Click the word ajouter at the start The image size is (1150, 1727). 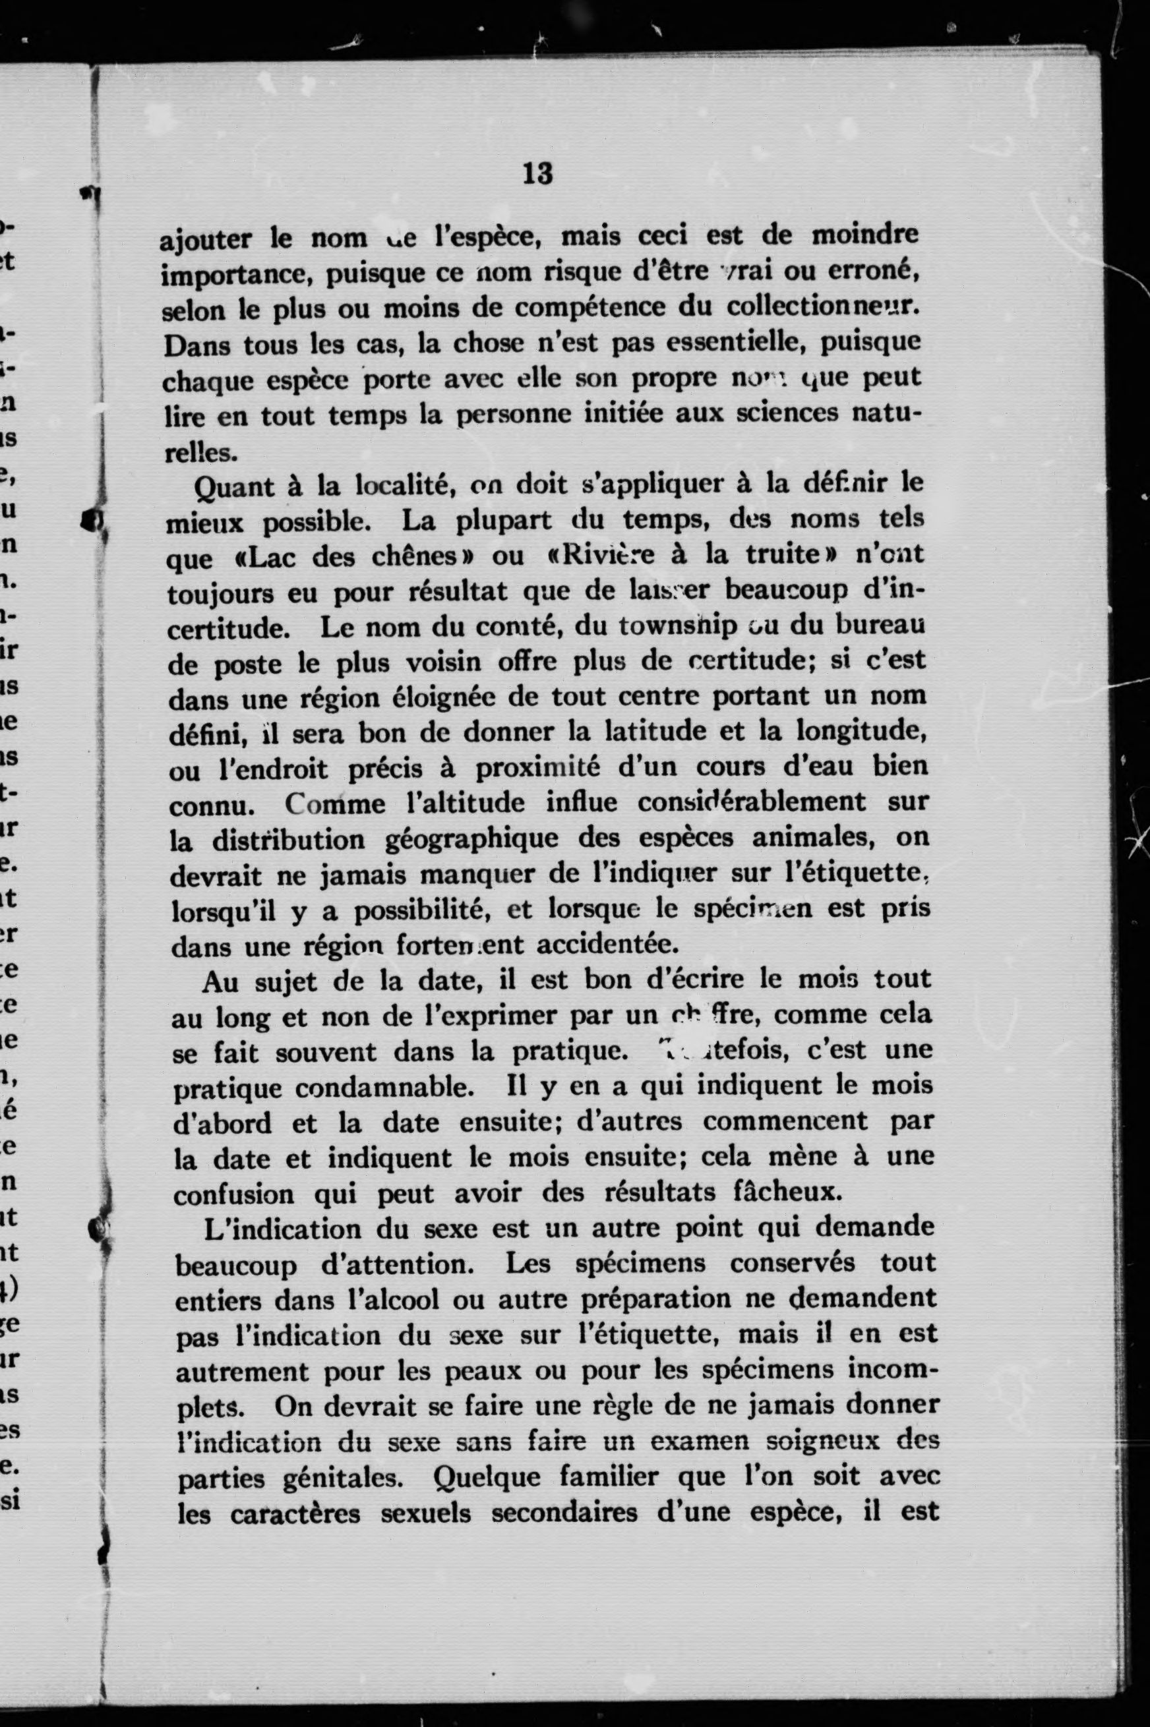(x=205, y=239)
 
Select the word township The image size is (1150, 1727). (x=679, y=626)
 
